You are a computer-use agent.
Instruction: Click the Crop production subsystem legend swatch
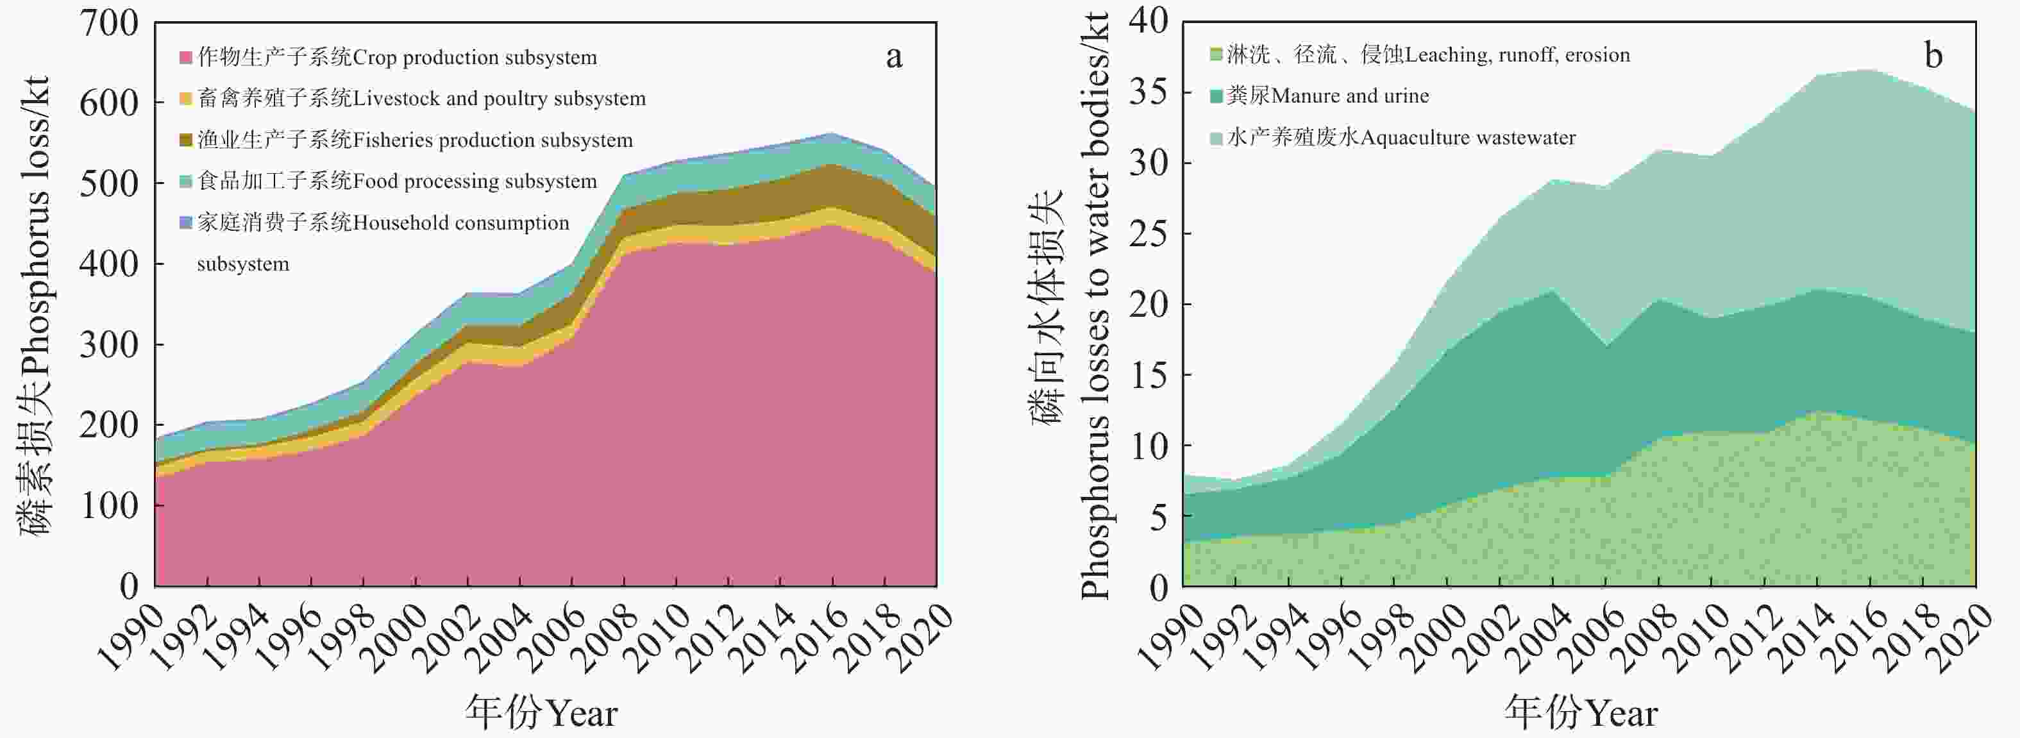tap(186, 57)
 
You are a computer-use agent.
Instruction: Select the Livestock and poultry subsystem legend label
tap(422, 99)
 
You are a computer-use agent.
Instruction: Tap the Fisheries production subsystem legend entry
tap(415, 140)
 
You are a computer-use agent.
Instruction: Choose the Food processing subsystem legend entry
tap(397, 181)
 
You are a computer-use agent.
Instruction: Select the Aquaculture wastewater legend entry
tap(1401, 138)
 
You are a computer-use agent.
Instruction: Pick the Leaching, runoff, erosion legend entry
tap(1428, 55)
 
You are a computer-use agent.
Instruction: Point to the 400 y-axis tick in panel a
tap(108, 264)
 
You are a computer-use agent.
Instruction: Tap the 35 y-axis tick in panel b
tap(1148, 92)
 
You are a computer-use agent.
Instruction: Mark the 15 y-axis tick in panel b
tap(1148, 375)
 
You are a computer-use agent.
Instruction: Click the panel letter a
tap(894, 56)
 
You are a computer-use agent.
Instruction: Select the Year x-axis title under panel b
tap(1580, 713)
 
